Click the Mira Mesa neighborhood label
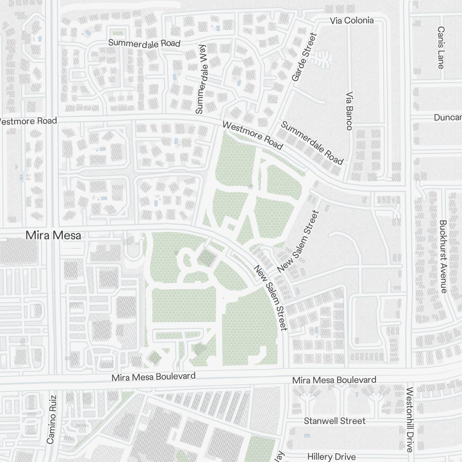coord(53,235)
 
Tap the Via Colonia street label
coord(352,21)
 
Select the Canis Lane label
coord(441,47)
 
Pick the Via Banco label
coord(349,110)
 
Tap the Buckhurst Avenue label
coord(443,256)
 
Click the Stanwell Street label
coord(334,421)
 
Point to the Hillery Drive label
coord(332,456)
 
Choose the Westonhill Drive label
coord(409,419)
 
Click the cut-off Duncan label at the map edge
coord(448,117)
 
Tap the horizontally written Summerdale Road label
coord(144,43)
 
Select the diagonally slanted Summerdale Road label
coord(312,143)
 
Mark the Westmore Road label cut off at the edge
coord(28,121)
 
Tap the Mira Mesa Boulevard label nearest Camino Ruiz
coord(153,377)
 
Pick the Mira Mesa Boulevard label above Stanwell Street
coord(334,380)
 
